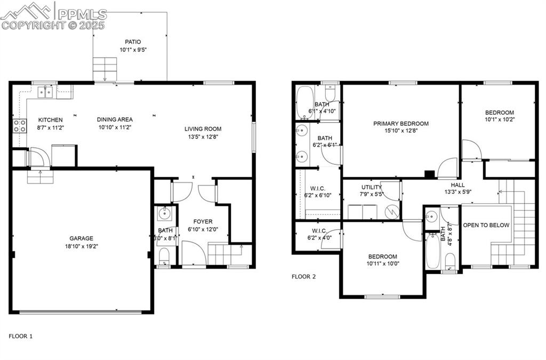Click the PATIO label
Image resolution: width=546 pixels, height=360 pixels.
click(x=133, y=42)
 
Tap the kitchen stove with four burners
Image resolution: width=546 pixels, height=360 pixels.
click(x=20, y=126)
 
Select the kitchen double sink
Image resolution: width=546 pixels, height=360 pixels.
click(x=45, y=92)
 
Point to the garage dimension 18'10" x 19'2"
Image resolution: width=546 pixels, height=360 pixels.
click(x=81, y=246)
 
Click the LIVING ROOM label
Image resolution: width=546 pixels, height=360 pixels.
click(x=203, y=129)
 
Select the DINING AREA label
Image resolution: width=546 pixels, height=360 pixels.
click(x=115, y=119)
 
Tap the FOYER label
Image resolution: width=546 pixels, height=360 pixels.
click(x=203, y=221)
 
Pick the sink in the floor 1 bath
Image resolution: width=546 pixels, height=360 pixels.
click(x=164, y=214)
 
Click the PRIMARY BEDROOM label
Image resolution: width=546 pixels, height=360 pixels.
click(x=400, y=123)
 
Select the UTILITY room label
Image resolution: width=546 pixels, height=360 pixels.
click(x=371, y=187)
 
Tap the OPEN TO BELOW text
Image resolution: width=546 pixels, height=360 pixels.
click(x=486, y=225)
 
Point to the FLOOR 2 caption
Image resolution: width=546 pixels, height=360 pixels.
click(x=303, y=277)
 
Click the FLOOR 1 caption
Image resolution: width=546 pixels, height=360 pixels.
click(x=21, y=336)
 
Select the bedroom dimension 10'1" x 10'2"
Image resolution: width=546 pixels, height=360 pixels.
click(x=499, y=120)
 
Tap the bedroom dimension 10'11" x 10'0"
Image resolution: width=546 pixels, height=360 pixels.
click(x=382, y=263)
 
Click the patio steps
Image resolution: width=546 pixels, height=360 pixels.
click(x=105, y=69)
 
